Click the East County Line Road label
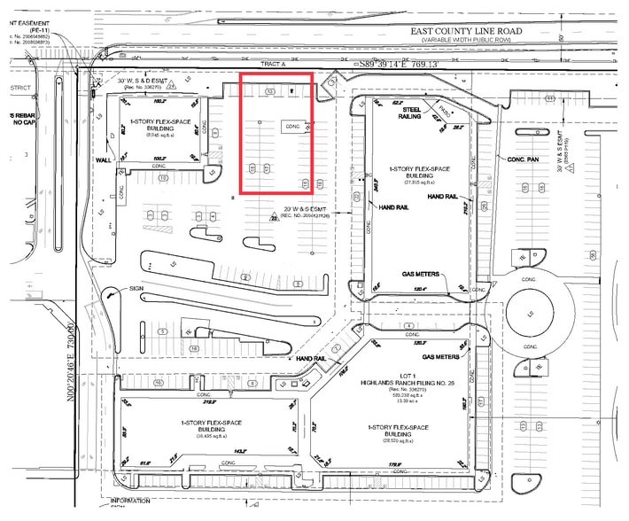coord(467,30)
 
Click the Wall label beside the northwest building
coord(103,160)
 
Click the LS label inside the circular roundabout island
coord(530,315)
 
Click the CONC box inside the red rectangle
coord(293,126)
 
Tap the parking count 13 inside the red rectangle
coord(270,91)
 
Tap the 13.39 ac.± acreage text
coord(406,400)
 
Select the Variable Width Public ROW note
coord(467,40)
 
